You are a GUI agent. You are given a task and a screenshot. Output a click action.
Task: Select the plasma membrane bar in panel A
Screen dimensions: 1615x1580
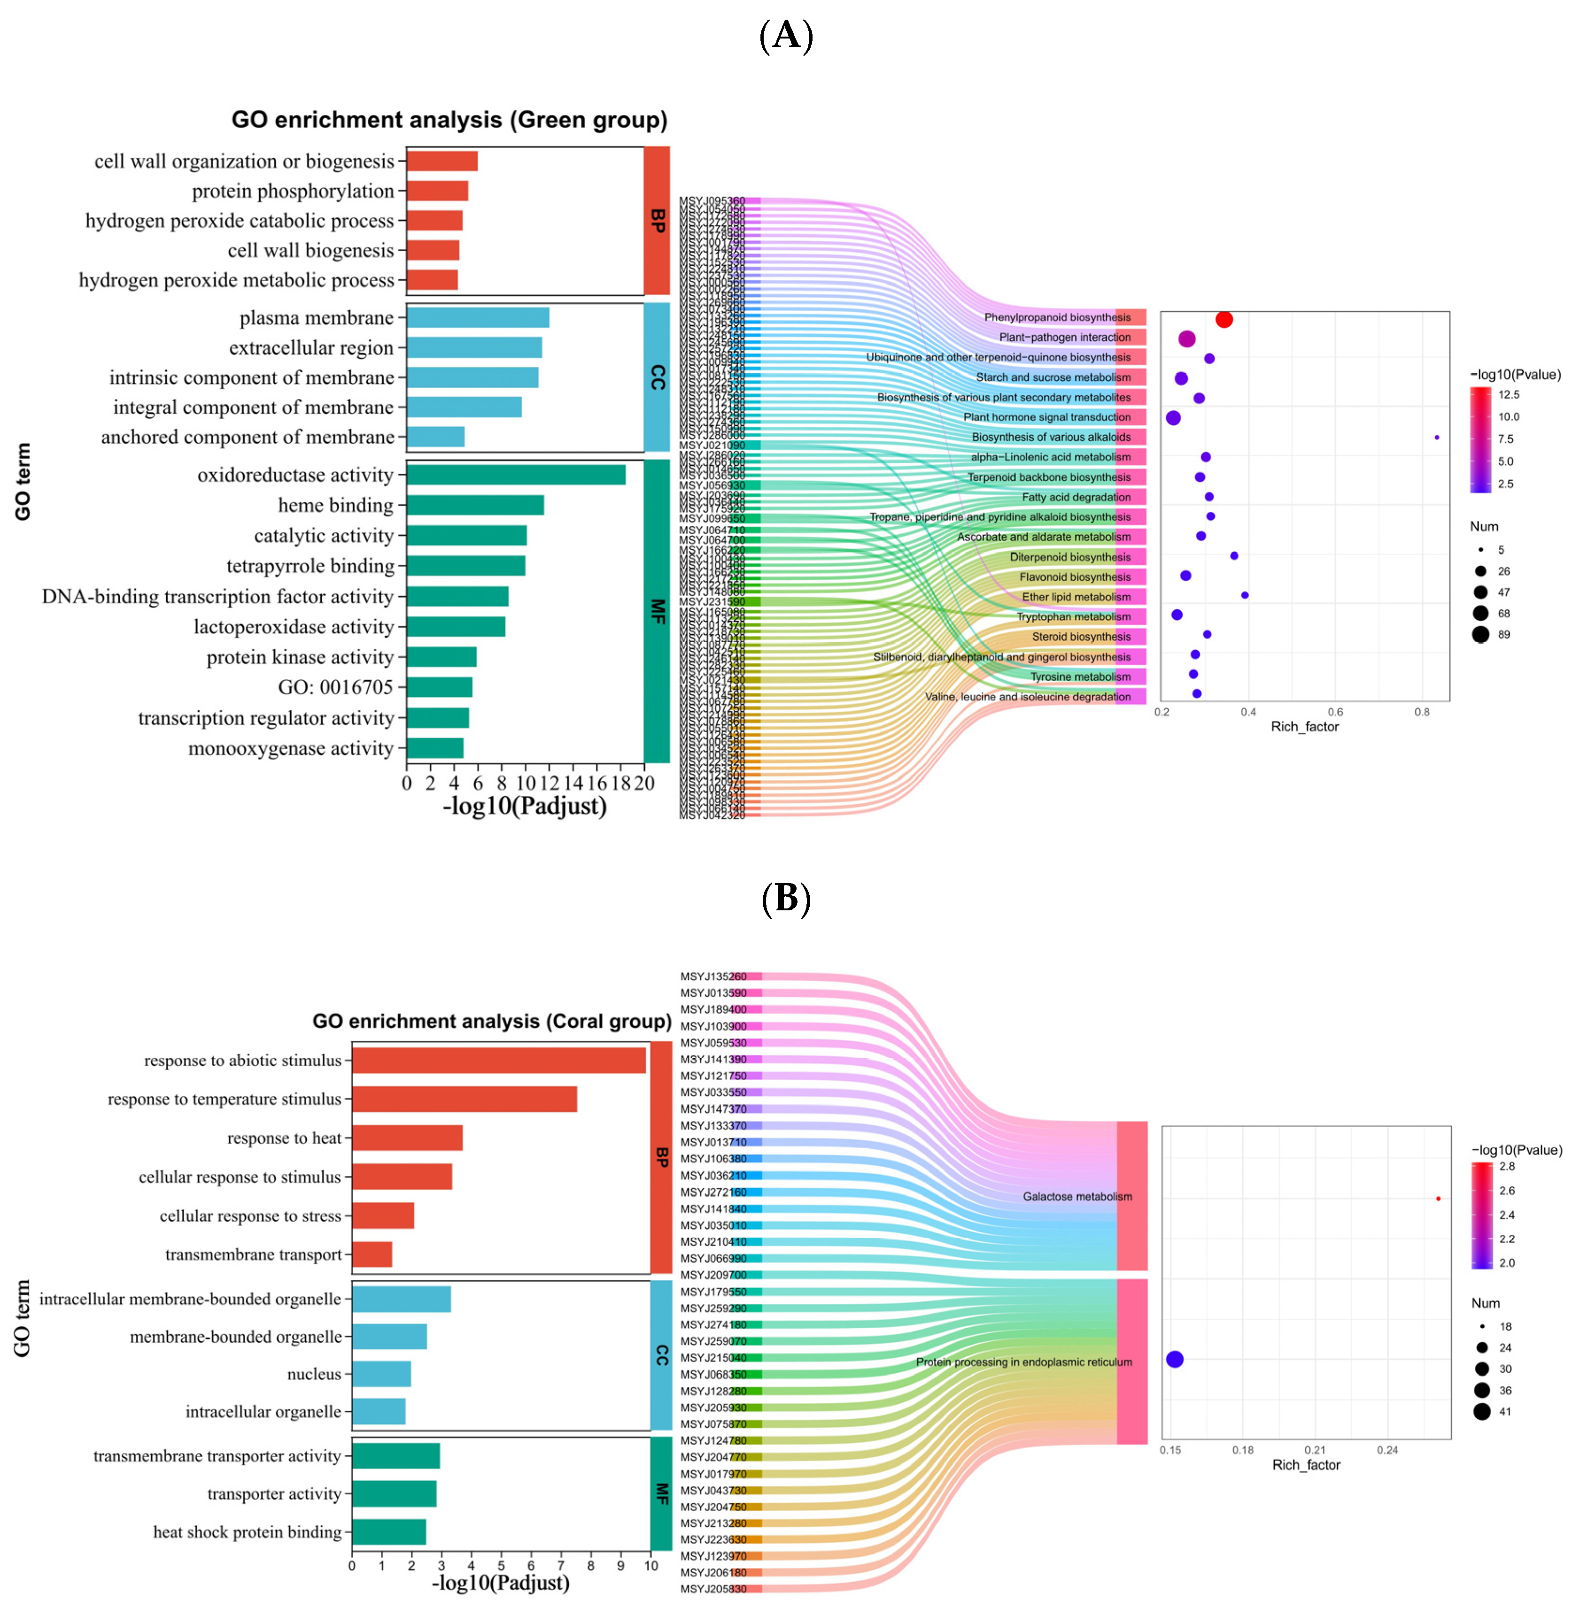477,318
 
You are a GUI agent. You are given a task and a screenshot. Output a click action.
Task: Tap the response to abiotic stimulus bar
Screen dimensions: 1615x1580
498,1060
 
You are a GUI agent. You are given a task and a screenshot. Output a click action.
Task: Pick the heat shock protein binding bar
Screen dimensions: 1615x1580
388,1532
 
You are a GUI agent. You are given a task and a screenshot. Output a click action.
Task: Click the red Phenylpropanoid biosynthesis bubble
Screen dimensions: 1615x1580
1224,319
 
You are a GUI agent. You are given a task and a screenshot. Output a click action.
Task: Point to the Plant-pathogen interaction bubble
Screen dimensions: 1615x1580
1187,338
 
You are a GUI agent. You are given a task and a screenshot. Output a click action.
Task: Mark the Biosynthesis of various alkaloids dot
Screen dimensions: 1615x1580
1436,437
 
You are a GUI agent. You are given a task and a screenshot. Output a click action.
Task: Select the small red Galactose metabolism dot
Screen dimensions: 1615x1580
1438,1199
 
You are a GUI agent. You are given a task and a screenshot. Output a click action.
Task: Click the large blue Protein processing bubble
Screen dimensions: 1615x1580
1174,1359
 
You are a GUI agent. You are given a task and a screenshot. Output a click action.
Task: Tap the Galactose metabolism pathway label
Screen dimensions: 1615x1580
1077,1196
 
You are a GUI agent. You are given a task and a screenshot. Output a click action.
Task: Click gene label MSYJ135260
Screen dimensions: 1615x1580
713,977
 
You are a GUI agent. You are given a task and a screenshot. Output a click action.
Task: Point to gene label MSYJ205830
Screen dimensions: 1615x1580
713,1588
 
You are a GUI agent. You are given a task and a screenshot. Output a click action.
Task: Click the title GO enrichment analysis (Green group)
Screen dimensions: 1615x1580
449,120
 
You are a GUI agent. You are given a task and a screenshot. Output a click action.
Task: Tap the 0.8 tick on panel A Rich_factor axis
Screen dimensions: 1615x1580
1422,712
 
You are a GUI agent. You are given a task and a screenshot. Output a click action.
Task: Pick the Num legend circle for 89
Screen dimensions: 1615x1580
1480,635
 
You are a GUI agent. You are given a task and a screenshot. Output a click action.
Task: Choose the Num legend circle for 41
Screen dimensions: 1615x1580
1482,1412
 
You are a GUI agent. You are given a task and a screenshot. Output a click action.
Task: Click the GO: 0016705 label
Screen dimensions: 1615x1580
335,687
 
